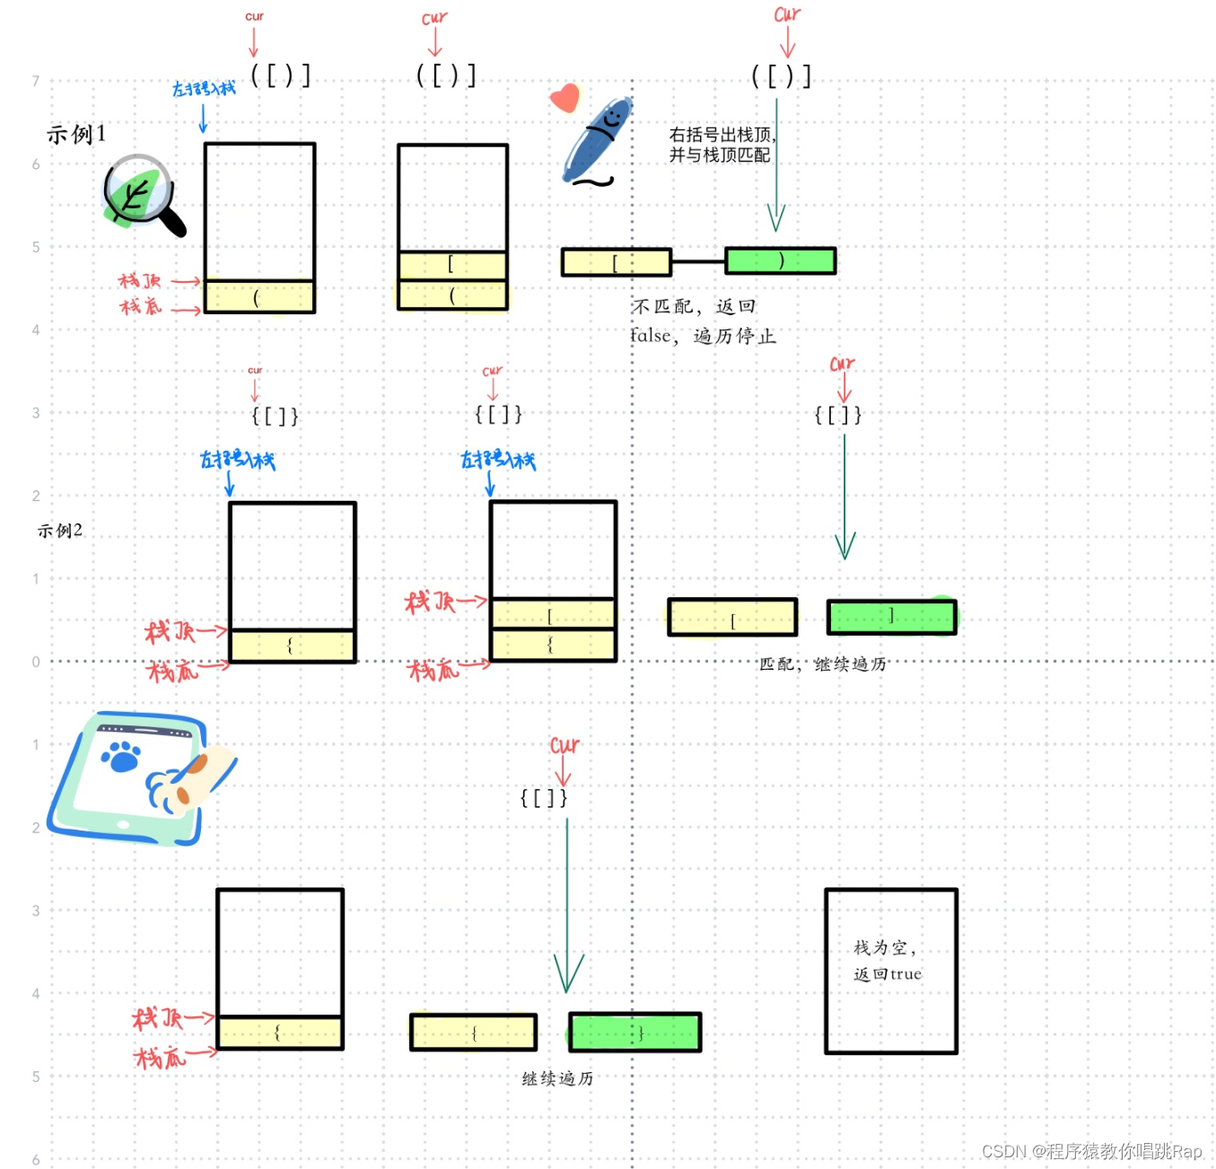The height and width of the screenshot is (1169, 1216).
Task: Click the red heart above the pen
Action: click(x=565, y=97)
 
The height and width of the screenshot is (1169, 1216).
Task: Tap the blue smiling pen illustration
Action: click(x=597, y=141)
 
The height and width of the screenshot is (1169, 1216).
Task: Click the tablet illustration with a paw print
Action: click(x=139, y=778)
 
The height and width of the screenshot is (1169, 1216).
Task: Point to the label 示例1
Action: click(x=76, y=135)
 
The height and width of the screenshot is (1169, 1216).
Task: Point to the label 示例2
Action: click(x=60, y=531)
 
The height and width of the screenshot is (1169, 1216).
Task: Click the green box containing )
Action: click(x=780, y=261)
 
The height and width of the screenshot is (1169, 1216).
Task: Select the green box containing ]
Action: click(x=891, y=618)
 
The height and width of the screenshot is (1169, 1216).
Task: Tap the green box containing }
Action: click(x=634, y=1033)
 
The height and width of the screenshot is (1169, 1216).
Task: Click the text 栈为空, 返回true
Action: click(x=887, y=961)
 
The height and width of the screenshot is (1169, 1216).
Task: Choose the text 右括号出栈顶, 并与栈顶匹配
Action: click(x=721, y=145)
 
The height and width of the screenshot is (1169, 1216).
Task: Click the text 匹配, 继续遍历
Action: click(x=822, y=664)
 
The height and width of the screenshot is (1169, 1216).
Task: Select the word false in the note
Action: click(x=650, y=337)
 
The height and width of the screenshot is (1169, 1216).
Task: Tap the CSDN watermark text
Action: click(x=1091, y=1151)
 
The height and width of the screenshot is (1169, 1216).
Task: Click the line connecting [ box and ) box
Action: click(x=697, y=262)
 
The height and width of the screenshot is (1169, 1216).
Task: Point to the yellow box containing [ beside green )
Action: click(x=616, y=262)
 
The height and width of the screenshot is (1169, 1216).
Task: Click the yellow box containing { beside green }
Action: click(x=473, y=1033)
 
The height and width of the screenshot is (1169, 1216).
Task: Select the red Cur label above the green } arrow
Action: click(x=564, y=745)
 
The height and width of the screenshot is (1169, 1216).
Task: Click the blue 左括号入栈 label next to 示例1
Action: click(x=204, y=88)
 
